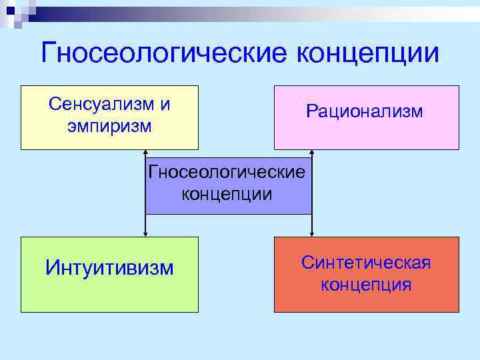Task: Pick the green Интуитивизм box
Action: (x=109, y=293)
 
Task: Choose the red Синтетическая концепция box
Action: (x=366, y=300)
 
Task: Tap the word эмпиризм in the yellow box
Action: (x=109, y=125)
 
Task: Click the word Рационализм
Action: (x=365, y=111)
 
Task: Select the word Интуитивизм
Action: (x=109, y=268)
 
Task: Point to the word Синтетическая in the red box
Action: (x=366, y=263)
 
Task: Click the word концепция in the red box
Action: (x=366, y=285)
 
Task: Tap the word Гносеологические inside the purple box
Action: (x=228, y=172)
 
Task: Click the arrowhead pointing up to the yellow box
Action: (x=145, y=153)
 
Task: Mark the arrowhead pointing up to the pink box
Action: (x=311, y=153)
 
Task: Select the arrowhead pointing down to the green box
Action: (x=145, y=233)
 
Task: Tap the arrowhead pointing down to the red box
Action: (x=311, y=233)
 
